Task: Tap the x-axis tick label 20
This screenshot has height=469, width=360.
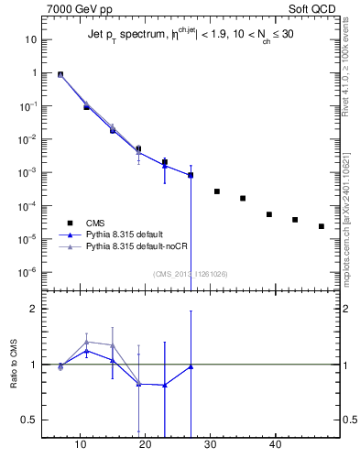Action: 138,449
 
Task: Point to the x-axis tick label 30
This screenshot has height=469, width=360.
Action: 211,449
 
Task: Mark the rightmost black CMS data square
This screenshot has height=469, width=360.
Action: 322,226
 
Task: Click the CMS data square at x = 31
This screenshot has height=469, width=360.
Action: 217,191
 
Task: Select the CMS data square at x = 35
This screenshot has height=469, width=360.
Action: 243,198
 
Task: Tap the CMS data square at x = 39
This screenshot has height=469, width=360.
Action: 269,214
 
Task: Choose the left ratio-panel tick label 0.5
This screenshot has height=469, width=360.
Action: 28,420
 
